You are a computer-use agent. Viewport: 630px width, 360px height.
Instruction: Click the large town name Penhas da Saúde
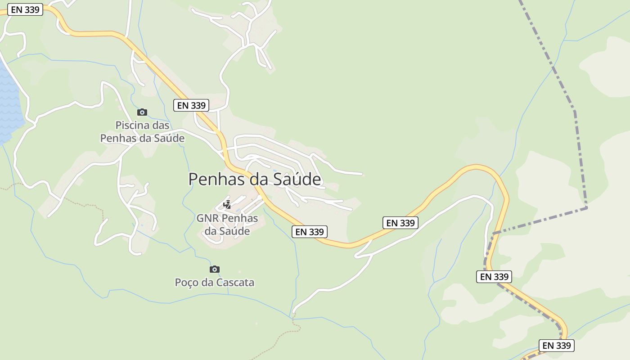coord(255,179)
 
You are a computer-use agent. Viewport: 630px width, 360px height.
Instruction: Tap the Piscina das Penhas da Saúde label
coord(142,132)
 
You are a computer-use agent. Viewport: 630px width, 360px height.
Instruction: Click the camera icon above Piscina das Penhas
coord(142,112)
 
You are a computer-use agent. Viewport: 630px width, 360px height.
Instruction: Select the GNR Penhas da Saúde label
coord(227,225)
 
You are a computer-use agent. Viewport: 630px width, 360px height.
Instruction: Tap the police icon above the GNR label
coord(227,205)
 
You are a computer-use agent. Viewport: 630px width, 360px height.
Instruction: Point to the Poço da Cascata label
coord(215,283)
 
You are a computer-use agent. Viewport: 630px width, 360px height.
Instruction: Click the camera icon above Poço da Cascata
coord(215,269)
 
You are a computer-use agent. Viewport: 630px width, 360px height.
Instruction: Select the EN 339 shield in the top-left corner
coord(25,9)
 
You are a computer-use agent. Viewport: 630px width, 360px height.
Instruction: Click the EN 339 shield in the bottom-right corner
coord(557,346)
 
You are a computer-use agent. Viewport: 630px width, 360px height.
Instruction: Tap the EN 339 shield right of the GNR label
coord(310,232)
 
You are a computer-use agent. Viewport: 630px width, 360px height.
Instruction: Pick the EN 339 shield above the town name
coord(191,105)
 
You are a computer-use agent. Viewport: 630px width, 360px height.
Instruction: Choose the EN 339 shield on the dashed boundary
coord(494,277)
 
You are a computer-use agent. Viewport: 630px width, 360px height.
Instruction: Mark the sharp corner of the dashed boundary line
coord(586,208)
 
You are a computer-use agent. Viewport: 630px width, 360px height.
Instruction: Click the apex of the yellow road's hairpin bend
coord(477,167)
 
